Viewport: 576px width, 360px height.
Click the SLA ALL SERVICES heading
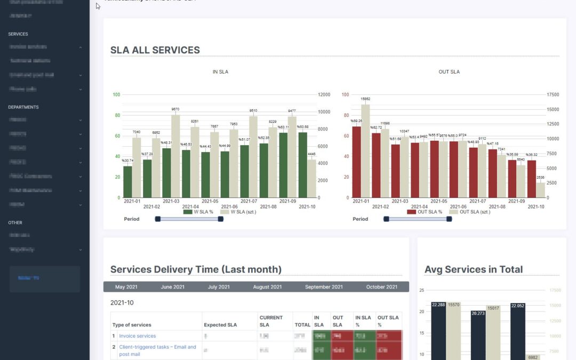[155, 50]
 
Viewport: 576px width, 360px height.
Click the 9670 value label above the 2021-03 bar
[175, 109]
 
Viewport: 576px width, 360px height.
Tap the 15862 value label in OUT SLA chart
[365, 99]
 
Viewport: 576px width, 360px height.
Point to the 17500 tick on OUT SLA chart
[553, 95]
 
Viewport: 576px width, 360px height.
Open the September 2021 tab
[324, 287]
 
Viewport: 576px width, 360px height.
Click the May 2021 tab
[126, 287]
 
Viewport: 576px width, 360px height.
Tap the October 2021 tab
[382, 287]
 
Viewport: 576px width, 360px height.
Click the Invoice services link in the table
[138, 336]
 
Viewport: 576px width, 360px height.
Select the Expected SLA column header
[220, 325]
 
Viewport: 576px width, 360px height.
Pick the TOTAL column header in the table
[302, 325]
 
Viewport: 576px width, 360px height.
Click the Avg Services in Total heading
[474, 270]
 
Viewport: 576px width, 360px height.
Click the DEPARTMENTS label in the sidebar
[23, 107]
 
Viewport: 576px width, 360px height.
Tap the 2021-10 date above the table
[122, 303]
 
